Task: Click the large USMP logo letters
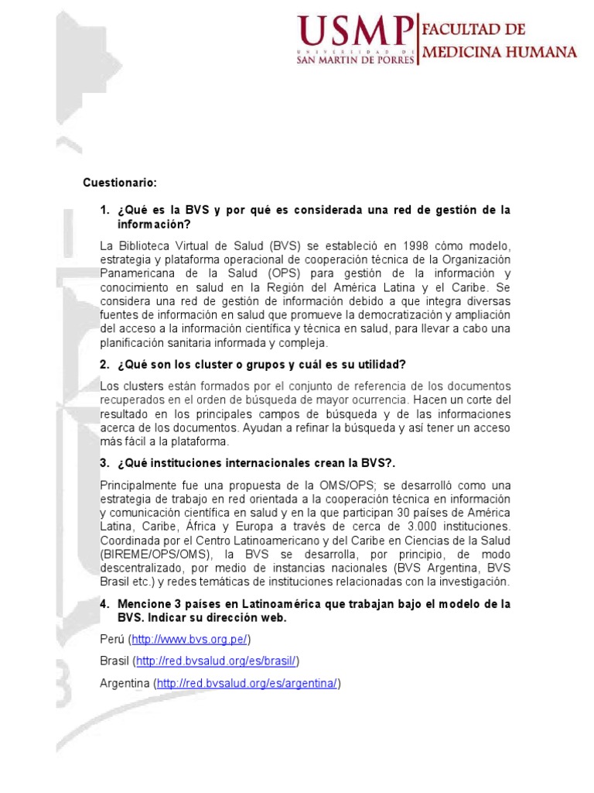coord(353,33)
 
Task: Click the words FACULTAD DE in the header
coord(473,30)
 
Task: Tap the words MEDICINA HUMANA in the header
coord(498,53)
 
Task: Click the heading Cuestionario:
coord(120,183)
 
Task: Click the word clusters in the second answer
coord(139,386)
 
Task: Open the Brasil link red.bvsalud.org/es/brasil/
coord(216,661)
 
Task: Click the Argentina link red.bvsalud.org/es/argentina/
coord(247,684)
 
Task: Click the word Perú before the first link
coord(112,640)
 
